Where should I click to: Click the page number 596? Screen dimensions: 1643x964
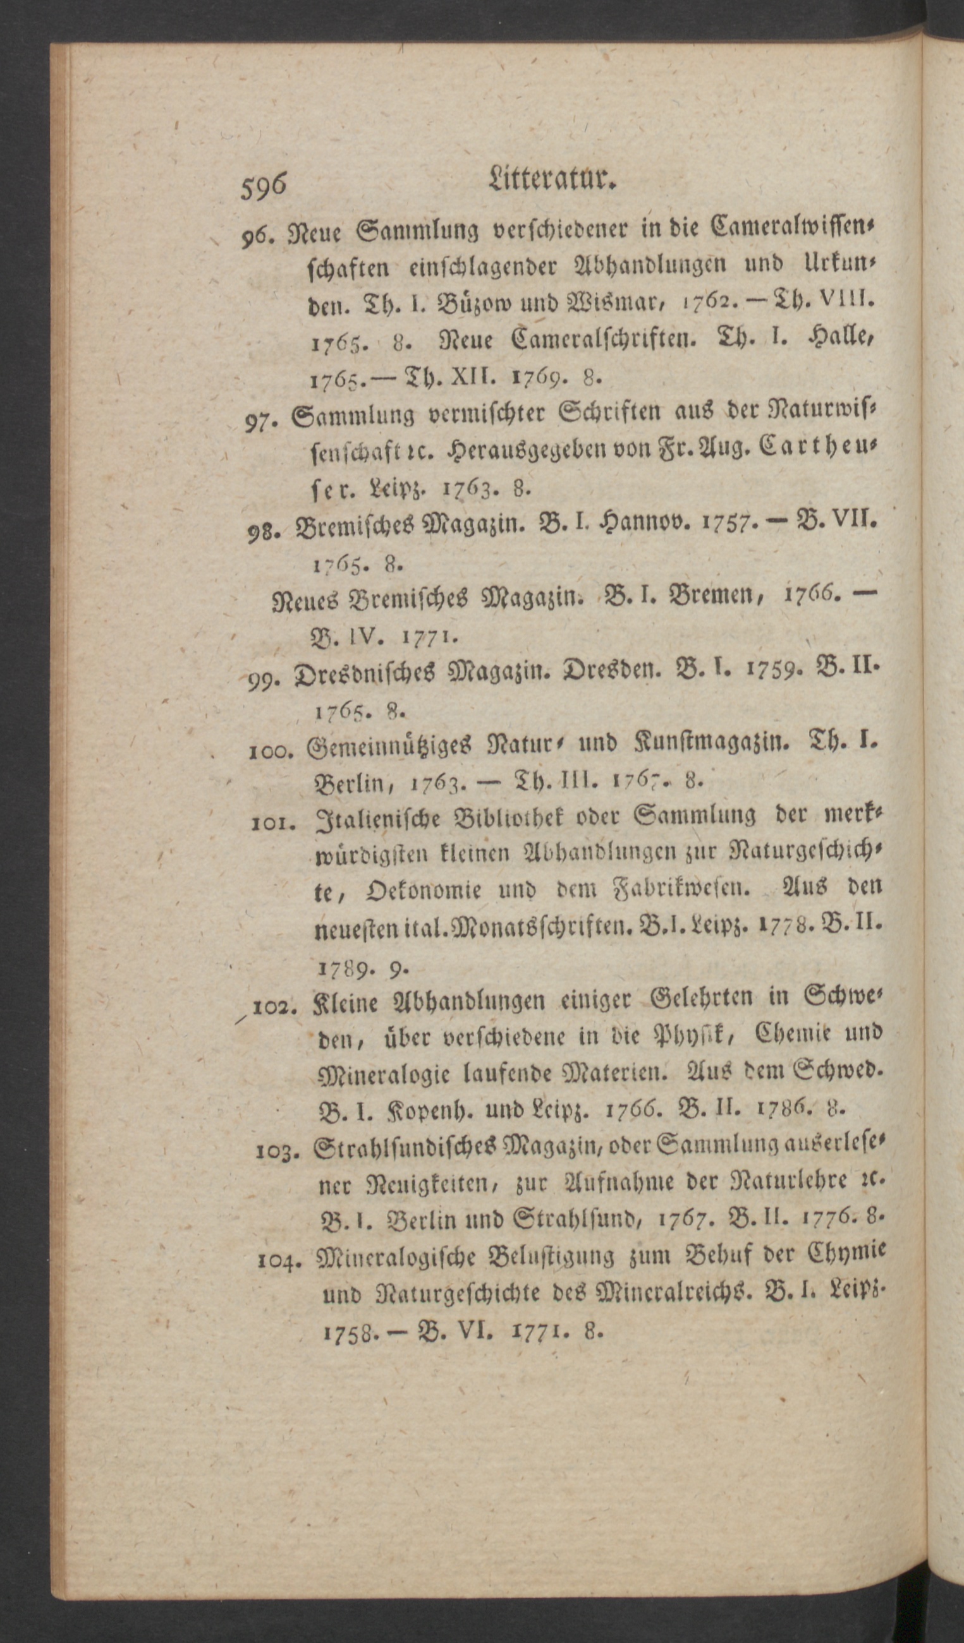pyautogui.click(x=264, y=187)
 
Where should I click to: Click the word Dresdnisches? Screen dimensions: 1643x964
pyautogui.click(x=365, y=673)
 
